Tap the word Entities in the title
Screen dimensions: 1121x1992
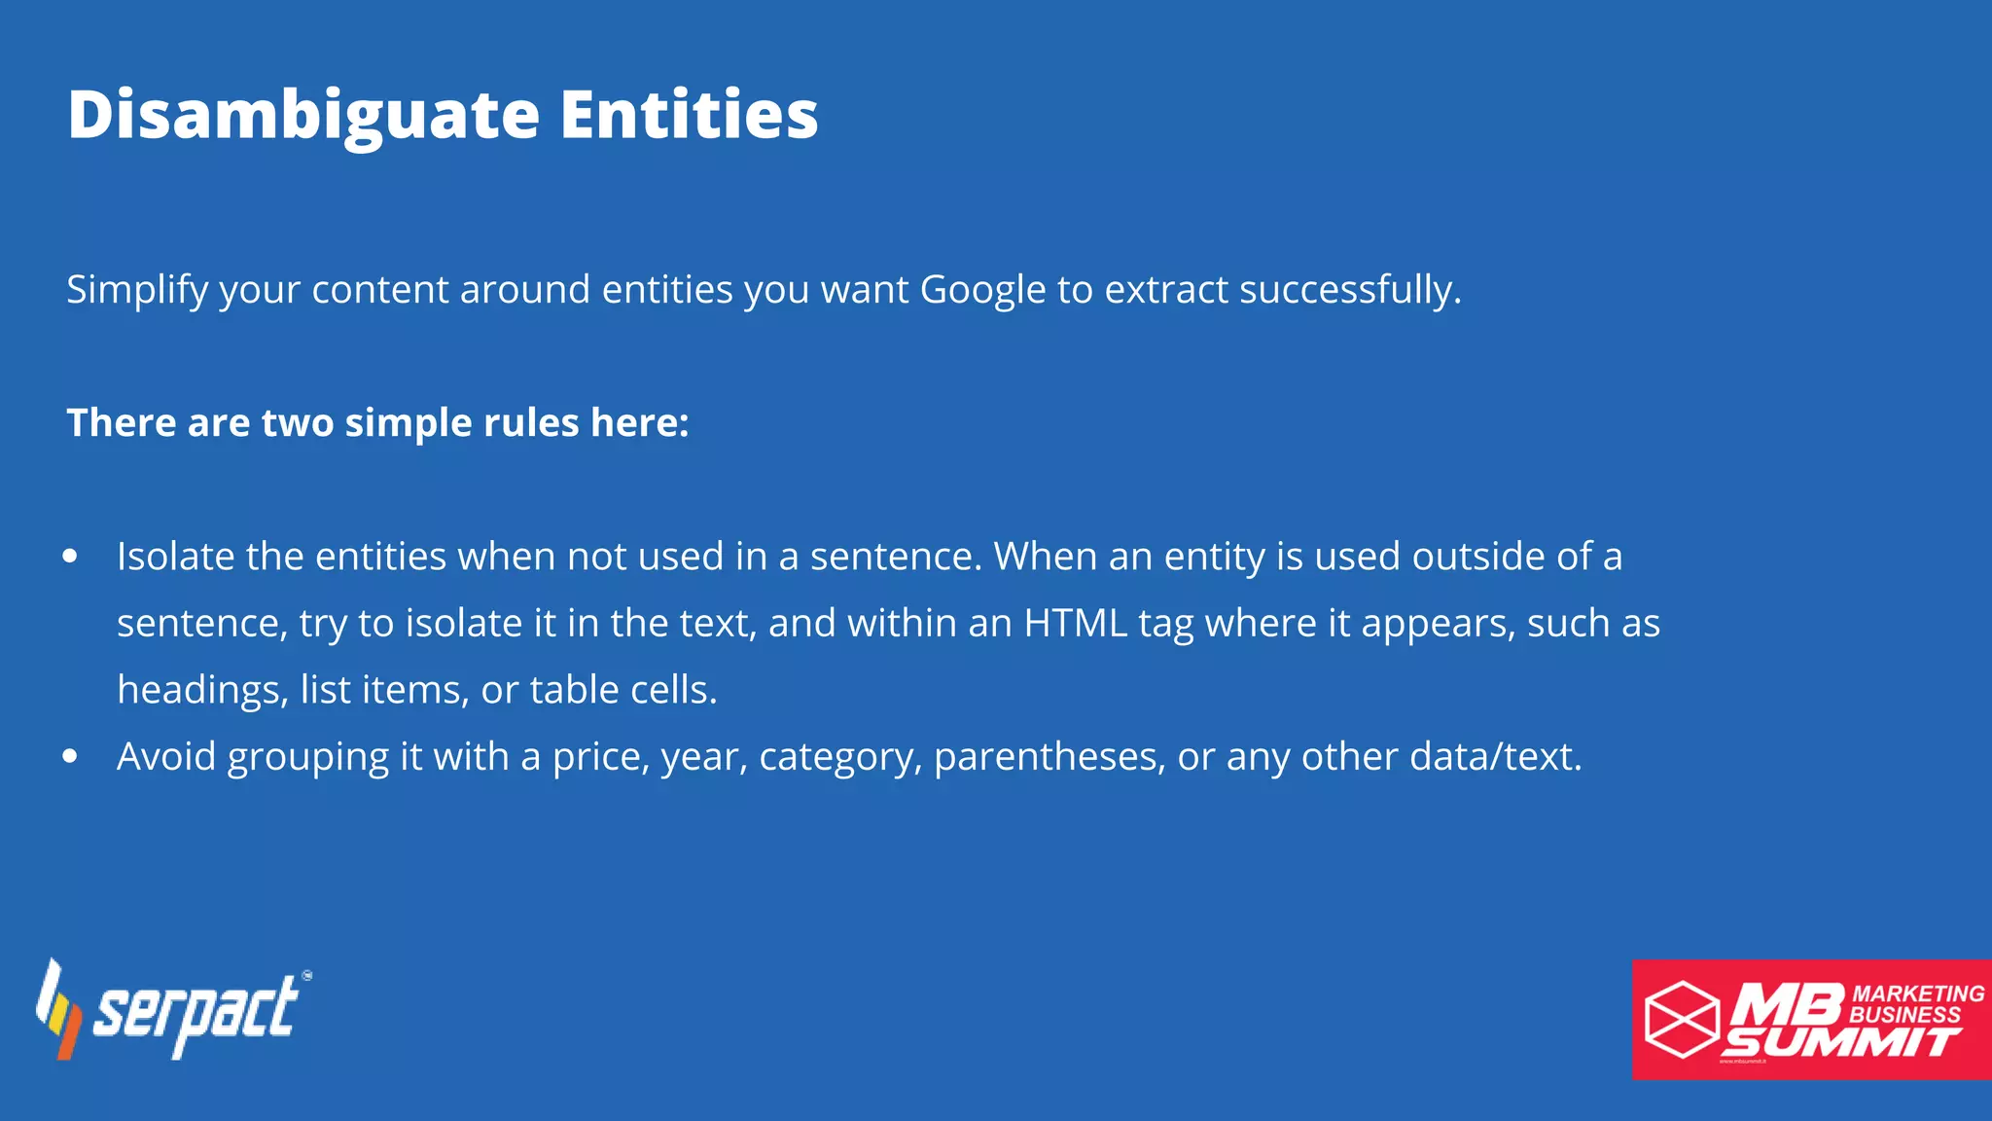(x=689, y=115)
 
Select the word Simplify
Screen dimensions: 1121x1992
(x=137, y=290)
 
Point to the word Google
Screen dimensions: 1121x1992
(x=982, y=290)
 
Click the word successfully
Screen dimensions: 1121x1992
(x=1350, y=290)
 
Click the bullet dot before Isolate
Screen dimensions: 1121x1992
(x=70, y=557)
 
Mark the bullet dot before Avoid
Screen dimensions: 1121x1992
(x=70, y=756)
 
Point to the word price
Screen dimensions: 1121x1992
(x=600, y=756)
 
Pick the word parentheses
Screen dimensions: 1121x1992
(x=1049, y=756)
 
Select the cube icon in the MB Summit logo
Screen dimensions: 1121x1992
(x=1682, y=1019)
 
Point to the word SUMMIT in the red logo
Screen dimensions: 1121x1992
(x=1840, y=1043)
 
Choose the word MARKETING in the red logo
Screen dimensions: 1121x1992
(x=1918, y=994)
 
